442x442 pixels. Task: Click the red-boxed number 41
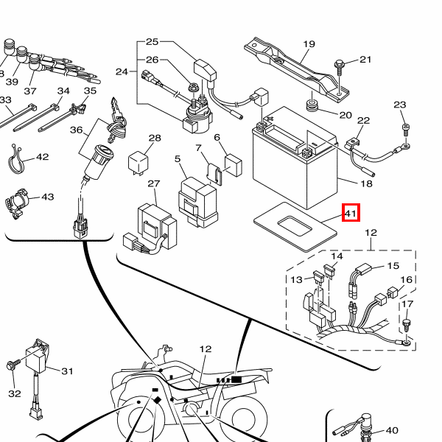(351, 214)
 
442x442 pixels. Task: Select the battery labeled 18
(295, 162)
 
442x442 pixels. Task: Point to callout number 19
(309, 44)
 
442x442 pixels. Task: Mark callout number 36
(76, 130)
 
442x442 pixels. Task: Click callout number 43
(48, 197)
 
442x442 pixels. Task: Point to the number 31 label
(68, 371)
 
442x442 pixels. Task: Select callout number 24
(122, 71)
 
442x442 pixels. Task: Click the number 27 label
(153, 183)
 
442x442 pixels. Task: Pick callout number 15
(393, 265)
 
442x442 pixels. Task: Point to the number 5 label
(178, 158)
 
